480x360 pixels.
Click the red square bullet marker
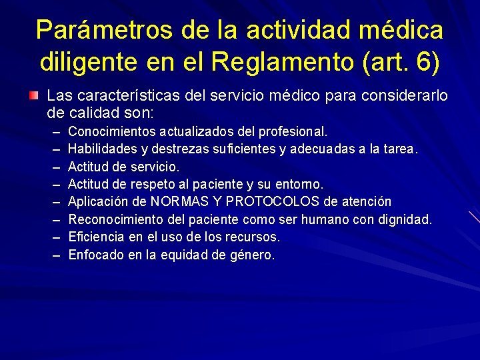point(33,97)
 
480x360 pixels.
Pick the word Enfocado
point(93,255)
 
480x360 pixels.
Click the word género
point(252,255)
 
